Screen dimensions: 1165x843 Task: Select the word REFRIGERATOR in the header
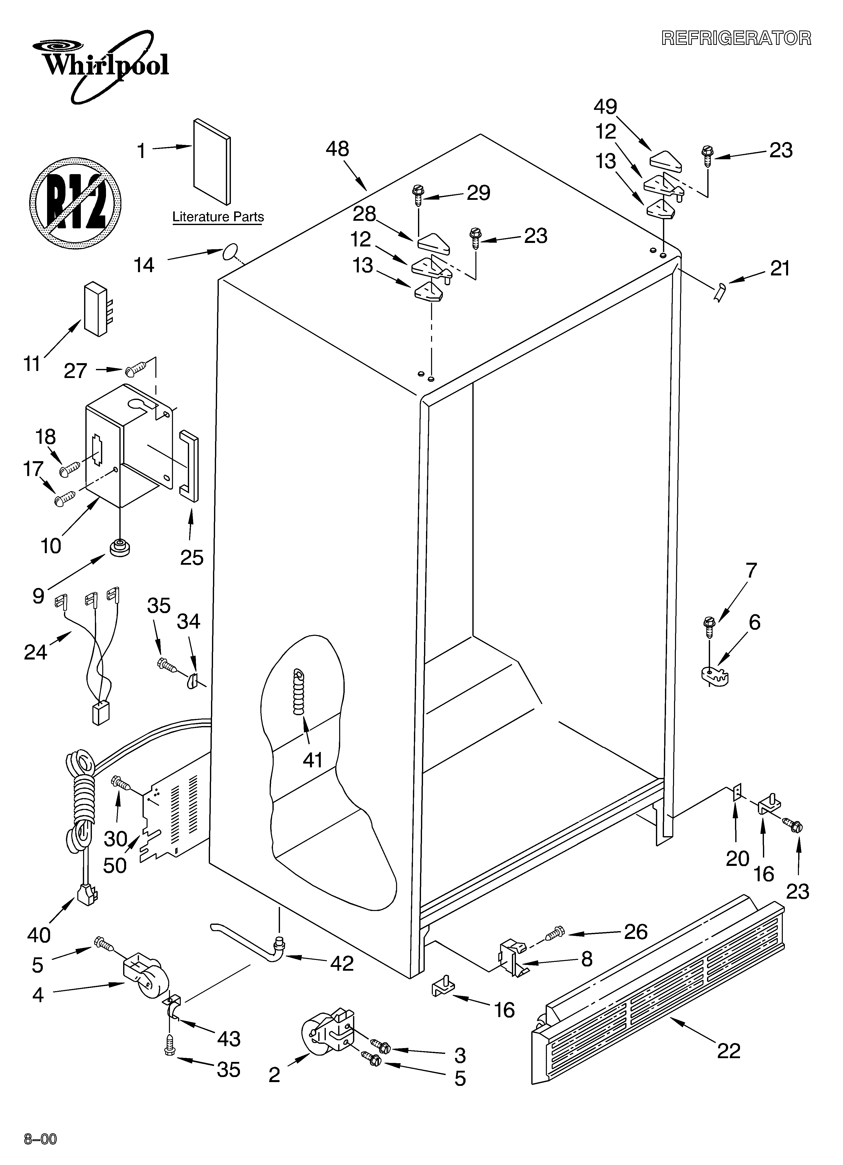(736, 39)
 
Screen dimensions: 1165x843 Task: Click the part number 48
(337, 149)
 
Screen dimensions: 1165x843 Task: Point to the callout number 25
(192, 557)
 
